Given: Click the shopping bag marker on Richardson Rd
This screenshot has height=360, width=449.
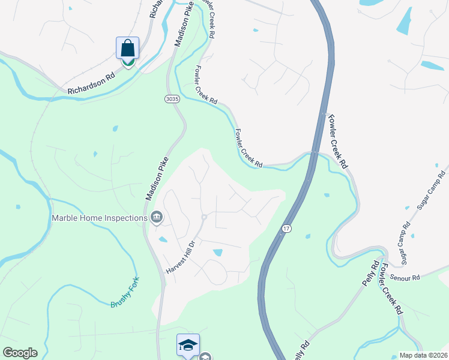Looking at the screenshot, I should pyautogui.click(x=127, y=48).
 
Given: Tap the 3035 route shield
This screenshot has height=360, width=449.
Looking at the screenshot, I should pyautogui.click(x=171, y=98).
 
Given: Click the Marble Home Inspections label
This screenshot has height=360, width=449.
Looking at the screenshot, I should pyautogui.click(x=100, y=218).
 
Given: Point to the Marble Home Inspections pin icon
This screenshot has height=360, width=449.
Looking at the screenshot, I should pyautogui.click(x=157, y=218).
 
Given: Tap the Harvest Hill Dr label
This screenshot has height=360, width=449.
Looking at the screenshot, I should pyautogui.click(x=181, y=259).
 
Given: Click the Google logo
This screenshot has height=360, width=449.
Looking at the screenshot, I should pyautogui.click(x=20, y=353).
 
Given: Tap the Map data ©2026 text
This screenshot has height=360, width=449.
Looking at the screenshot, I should pyautogui.click(x=423, y=355).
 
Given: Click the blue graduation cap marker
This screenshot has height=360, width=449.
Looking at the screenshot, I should pyautogui.click(x=188, y=345).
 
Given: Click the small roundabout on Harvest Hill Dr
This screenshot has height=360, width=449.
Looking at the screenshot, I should pyautogui.click(x=204, y=217).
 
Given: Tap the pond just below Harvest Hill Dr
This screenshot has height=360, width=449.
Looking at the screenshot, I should pyautogui.click(x=217, y=253).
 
